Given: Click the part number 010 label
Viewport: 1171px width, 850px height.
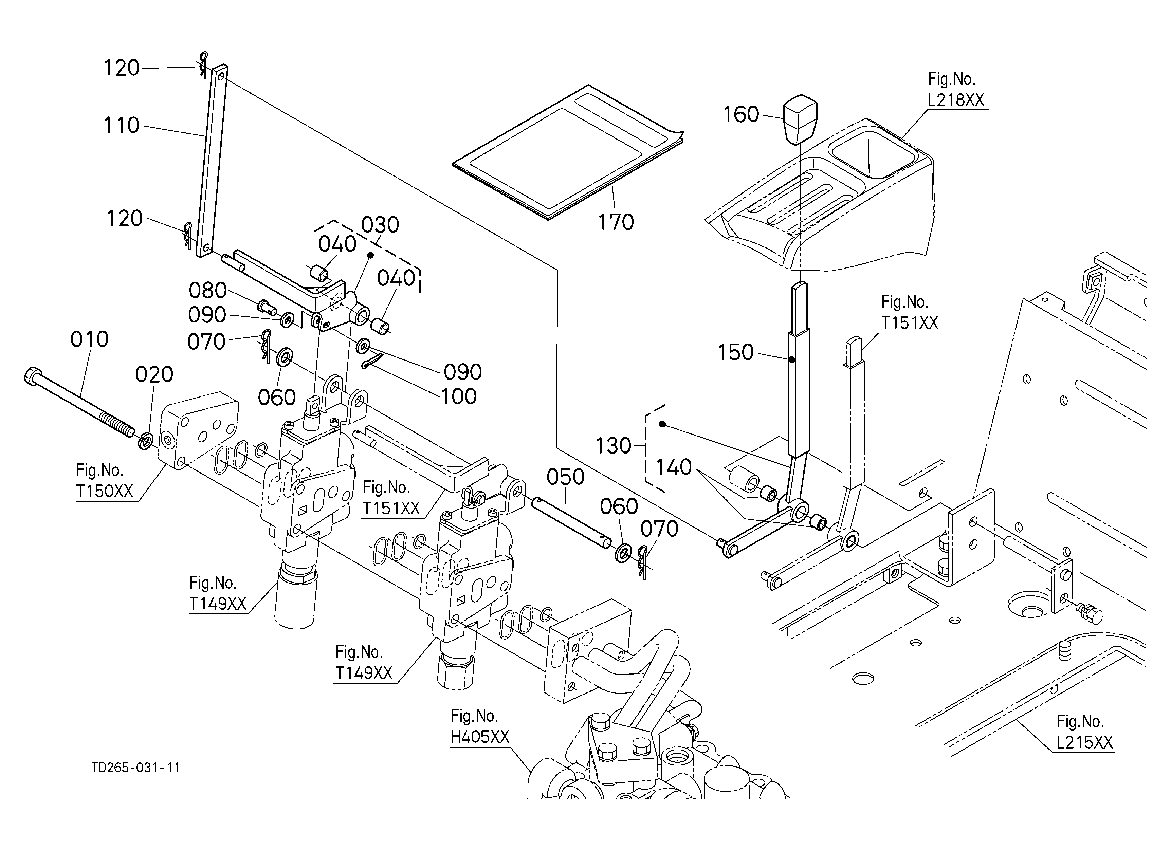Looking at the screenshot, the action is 89,339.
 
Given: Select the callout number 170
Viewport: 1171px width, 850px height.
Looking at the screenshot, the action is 616,222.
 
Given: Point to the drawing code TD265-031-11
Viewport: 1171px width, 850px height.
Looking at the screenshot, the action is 136,768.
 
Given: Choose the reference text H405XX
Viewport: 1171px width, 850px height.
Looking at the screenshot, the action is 480,737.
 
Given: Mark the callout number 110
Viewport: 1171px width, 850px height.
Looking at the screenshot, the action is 121,125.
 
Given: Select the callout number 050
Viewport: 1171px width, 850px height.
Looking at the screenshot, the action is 565,477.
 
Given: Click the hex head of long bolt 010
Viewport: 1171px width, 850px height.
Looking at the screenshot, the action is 32,375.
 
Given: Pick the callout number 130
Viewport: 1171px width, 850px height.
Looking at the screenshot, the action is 614,445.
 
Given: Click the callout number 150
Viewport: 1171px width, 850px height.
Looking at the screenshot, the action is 736,352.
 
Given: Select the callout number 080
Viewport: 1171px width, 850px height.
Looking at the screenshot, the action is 207,291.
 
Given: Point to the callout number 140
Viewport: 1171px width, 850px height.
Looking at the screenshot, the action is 674,467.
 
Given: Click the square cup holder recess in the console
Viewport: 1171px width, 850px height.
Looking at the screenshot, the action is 873,153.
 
